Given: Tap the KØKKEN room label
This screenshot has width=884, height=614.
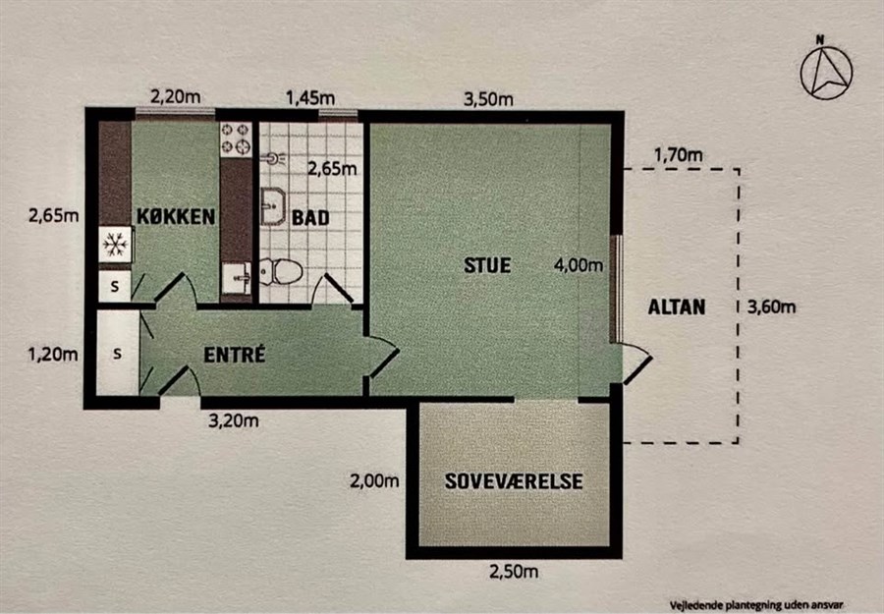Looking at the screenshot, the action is [176, 216].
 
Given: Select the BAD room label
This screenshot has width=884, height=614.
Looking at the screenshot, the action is [310, 218].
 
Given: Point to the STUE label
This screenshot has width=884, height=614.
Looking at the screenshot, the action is [487, 265].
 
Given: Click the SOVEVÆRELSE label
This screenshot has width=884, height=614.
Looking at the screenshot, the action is [514, 481].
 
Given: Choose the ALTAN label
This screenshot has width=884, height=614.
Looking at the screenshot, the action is [677, 307].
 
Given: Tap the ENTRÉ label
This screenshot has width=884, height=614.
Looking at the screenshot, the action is [234, 355].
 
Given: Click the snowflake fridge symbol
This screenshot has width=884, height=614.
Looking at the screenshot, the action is [116, 245].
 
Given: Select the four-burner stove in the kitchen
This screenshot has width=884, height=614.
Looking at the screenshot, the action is [236, 139].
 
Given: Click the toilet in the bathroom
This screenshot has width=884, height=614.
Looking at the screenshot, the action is [281, 271].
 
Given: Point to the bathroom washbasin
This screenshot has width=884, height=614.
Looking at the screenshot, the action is [273, 206].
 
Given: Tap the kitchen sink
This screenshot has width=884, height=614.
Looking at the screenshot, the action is [236, 278].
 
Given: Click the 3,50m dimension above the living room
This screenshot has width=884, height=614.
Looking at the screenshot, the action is [488, 100].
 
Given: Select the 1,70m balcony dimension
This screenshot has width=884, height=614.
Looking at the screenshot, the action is [678, 154].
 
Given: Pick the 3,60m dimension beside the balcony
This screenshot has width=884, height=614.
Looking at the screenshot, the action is [771, 307].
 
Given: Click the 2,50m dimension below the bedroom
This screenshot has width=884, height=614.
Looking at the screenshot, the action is [514, 572].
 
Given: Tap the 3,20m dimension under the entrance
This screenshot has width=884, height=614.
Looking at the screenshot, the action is [234, 420].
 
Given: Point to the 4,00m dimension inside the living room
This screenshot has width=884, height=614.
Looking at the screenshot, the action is [579, 265].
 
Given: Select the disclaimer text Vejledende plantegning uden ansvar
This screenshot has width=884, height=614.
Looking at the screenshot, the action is [756, 605].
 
